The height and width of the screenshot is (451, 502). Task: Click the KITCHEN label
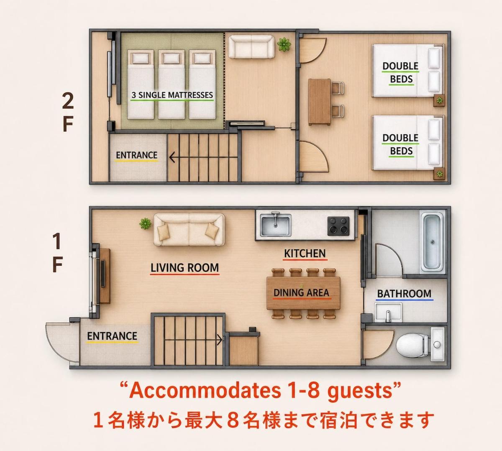pyautogui.click(x=305, y=254)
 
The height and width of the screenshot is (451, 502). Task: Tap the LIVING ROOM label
pyautogui.click(x=184, y=268)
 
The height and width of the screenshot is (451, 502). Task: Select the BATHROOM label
pyautogui.click(x=404, y=294)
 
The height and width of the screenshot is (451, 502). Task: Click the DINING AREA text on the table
pyautogui.click(x=301, y=293)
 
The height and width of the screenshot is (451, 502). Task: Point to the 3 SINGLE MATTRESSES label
pyautogui.click(x=172, y=95)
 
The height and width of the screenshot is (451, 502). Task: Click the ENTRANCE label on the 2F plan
pyautogui.click(x=136, y=155)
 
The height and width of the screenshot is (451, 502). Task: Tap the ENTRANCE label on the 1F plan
pyautogui.click(x=112, y=336)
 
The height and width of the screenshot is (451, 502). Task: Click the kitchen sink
pyautogui.click(x=275, y=225)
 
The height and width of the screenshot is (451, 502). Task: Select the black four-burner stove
pyautogui.click(x=338, y=226)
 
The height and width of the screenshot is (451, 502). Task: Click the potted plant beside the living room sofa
pyautogui.click(x=145, y=224)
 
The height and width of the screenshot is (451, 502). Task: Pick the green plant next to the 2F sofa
pyautogui.click(x=284, y=45)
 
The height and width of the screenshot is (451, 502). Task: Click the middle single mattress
pyautogui.click(x=172, y=84)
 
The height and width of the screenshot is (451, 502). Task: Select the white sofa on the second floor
pyautogui.click(x=251, y=47)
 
